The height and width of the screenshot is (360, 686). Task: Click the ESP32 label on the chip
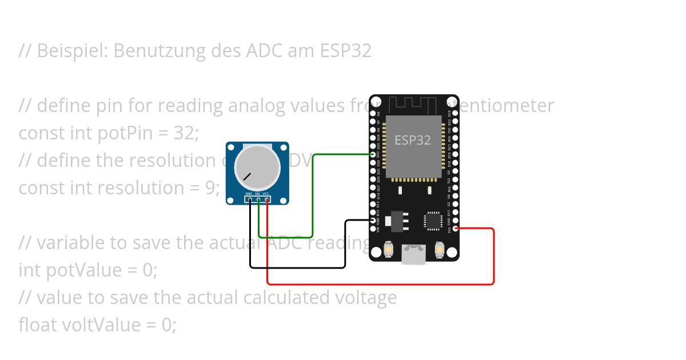pyautogui.click(x=413, y=140)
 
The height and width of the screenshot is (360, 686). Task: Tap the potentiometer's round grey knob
pyautogui.click(x=257, y=167)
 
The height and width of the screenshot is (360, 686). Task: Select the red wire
pyautogui.click(x=493, y=257)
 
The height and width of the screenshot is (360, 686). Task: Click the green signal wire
pyautogui.click(x=312, y=194)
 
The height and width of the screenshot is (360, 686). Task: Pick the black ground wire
pyautogui.click(x=297, y=267)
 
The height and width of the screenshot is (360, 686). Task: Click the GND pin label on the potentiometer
pyautogui.click(x=249, y=194)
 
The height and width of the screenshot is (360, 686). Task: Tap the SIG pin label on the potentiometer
pyautogui.click(x=258, y=194)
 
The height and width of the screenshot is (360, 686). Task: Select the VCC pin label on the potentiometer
pyautogui.click(x=266, y=194)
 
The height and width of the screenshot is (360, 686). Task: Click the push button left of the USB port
pyautogui.click(x=388, y=250)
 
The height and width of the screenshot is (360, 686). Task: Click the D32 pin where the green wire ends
pyautogui.click(x=373, y=154)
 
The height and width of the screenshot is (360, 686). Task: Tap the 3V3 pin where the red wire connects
pyautogui.click(x=456, y=229)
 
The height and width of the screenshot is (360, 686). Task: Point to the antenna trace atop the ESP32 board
pyautogui.click(x=413, y=105)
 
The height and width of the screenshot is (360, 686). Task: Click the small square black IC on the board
pyautogui.click(x=433, y=221)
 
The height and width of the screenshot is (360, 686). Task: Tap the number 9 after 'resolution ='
pyautogui.click(x=210, y=188)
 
